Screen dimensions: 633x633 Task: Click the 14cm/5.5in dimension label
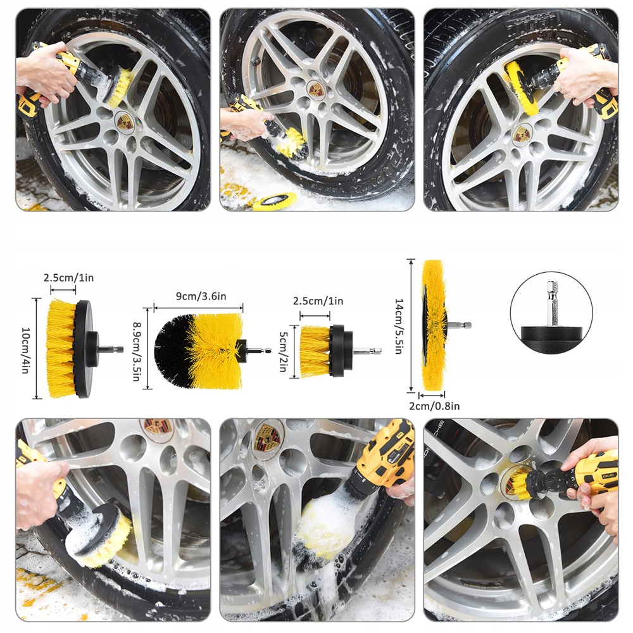(399, 326)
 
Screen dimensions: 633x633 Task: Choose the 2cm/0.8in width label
(434, 406)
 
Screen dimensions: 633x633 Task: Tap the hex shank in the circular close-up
(552, 303)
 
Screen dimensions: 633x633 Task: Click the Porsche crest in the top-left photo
(124, 121)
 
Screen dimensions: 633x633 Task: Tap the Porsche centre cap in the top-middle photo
(317, 90)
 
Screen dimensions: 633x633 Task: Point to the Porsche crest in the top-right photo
(521, 135)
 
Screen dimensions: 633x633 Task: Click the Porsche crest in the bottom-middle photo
(267, 437)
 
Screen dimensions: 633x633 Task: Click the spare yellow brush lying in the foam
(273, 201)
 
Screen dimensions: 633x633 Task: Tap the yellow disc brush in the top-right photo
(520, 87)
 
